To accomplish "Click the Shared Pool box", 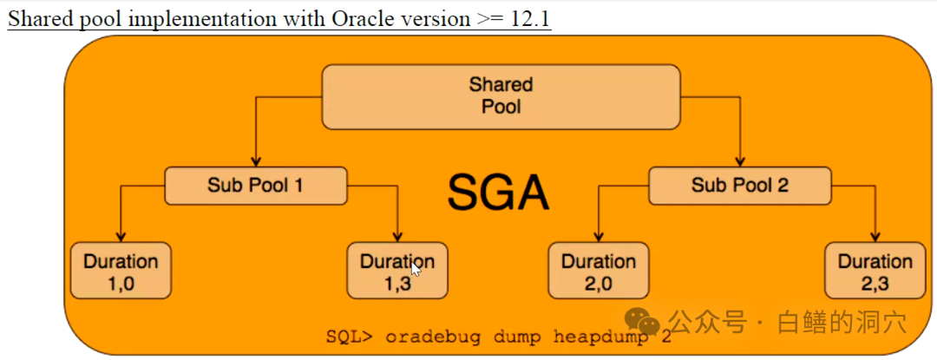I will pos(501,96).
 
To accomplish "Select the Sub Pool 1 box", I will pos(255,185).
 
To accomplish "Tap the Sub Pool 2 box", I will pos(739,185).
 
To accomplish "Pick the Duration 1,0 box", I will pos(121,270).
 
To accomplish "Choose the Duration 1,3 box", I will pos(397,270).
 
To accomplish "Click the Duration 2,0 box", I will pos(599,270).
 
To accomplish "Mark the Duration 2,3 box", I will pos(875,270).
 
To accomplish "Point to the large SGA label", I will pos(499,192).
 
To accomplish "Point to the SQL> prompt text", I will pos(348,337).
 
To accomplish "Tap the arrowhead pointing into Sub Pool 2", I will pos(739,162).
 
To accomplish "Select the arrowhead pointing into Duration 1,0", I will pos(121,237).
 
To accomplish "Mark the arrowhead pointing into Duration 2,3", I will pos(875,237).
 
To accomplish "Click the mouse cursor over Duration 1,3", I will pos(416,269).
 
